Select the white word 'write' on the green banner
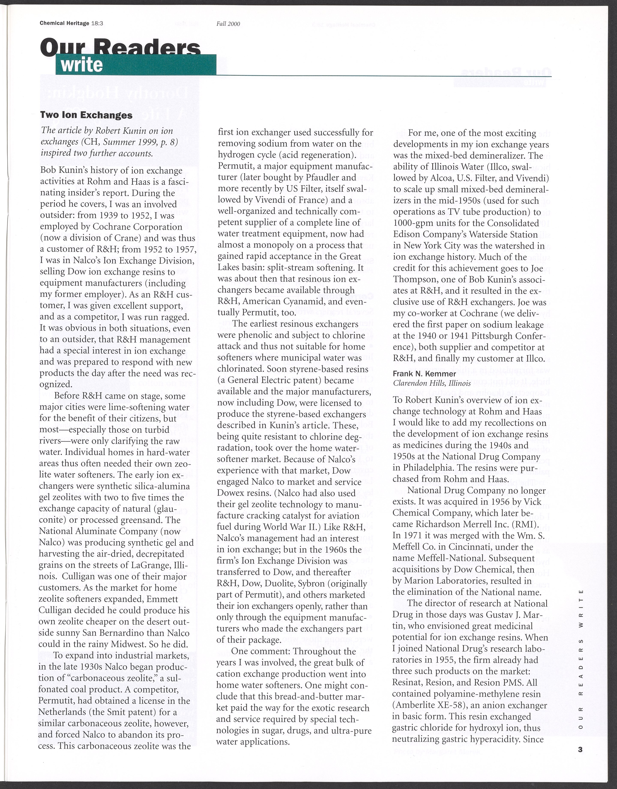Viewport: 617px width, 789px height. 82,65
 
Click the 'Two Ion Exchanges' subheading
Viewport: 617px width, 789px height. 86,115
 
